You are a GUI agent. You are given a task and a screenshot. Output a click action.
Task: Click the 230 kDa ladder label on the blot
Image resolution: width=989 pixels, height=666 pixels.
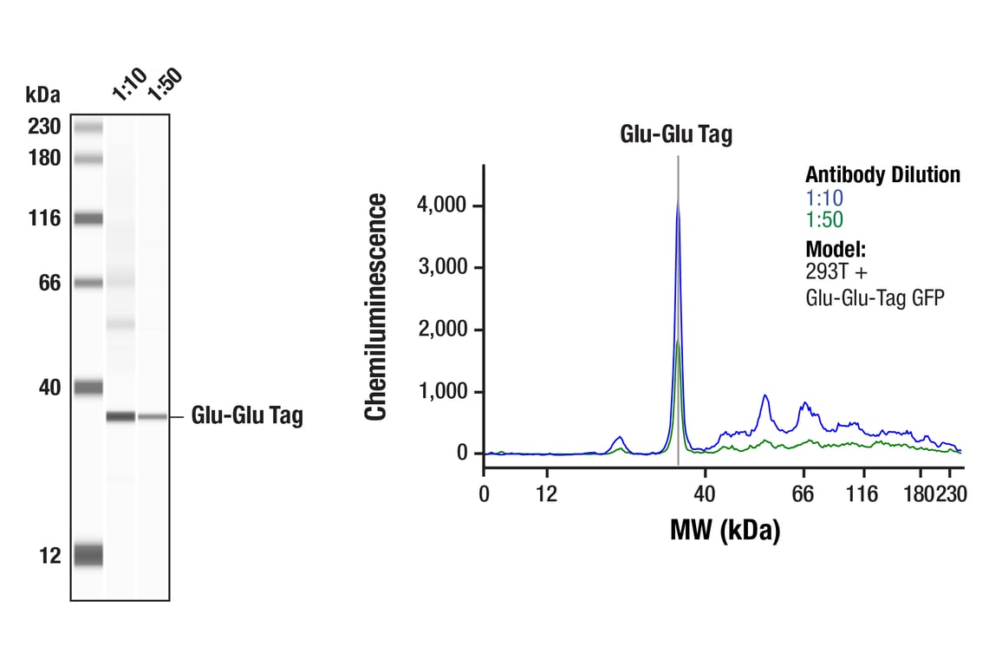coord(43,127)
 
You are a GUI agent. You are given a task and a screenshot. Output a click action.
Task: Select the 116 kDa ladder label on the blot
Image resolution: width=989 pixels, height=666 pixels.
coord(43,218)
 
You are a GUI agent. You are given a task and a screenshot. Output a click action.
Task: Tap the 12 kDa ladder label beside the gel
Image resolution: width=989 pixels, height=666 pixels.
coord(49,556)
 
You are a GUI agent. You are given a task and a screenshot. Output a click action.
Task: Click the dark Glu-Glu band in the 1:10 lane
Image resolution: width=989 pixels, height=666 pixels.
coord(120,417)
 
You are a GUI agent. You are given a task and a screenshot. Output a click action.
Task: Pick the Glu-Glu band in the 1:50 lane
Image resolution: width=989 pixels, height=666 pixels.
coord(153,417)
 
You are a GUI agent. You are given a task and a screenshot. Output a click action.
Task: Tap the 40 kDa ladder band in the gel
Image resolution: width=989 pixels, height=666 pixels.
coord(88,388)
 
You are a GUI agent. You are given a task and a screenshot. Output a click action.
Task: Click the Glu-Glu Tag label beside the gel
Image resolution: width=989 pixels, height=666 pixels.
coord(247,417)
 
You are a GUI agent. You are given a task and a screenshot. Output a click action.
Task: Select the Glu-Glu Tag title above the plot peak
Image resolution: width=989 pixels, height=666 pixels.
coord(676,134)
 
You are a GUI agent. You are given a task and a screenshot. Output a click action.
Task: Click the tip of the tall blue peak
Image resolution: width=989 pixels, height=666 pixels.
coord(678,201)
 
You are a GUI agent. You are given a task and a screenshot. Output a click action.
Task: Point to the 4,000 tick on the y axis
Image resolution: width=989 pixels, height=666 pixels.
coord(443,206)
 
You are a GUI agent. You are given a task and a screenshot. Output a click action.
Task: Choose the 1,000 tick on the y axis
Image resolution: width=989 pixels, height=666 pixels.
coord(443,392)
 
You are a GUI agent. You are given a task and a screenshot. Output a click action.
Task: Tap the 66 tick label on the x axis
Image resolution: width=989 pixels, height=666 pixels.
coord(804,494)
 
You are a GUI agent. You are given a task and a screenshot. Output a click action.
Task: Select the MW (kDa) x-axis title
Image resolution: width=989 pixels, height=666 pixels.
coord(725,529)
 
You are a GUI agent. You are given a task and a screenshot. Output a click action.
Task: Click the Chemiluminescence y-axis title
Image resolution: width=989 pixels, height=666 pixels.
coord(376,308)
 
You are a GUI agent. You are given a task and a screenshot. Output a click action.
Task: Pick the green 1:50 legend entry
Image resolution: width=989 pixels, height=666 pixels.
coord(824,220)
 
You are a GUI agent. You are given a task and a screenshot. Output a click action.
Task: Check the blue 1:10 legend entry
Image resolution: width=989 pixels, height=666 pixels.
coord(824,199)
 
